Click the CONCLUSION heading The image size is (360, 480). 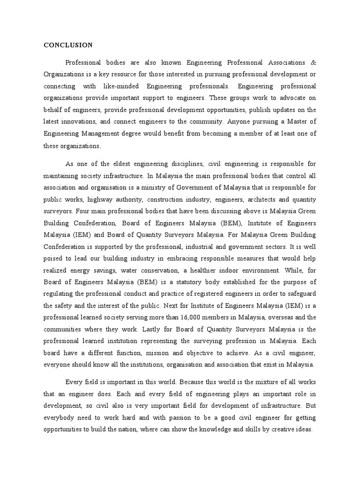pos(68,45)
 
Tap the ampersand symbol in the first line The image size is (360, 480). pos(314,62)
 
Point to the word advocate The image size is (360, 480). pos(293,98)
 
